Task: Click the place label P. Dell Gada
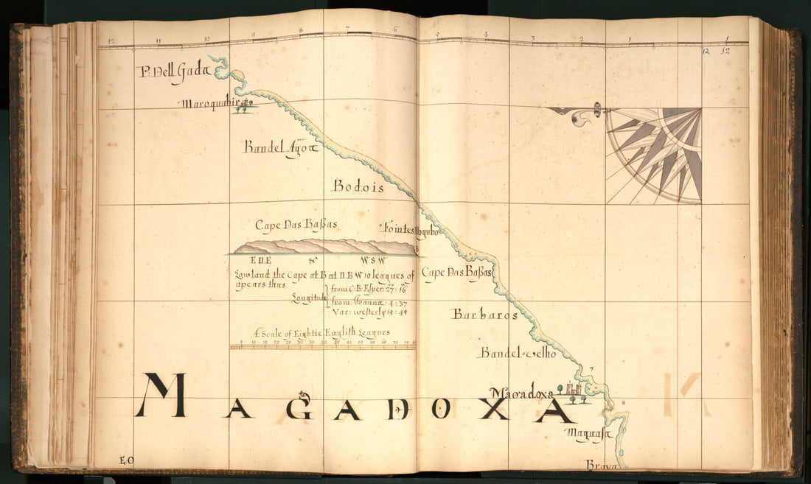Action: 174,71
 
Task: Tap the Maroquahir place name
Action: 209,104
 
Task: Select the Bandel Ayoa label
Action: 280,147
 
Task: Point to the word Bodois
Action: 358,187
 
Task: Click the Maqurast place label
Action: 591,435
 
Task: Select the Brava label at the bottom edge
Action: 602,465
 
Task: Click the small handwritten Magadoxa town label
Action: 521,394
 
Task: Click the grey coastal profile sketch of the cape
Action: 324,247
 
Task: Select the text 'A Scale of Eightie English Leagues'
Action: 321,332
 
